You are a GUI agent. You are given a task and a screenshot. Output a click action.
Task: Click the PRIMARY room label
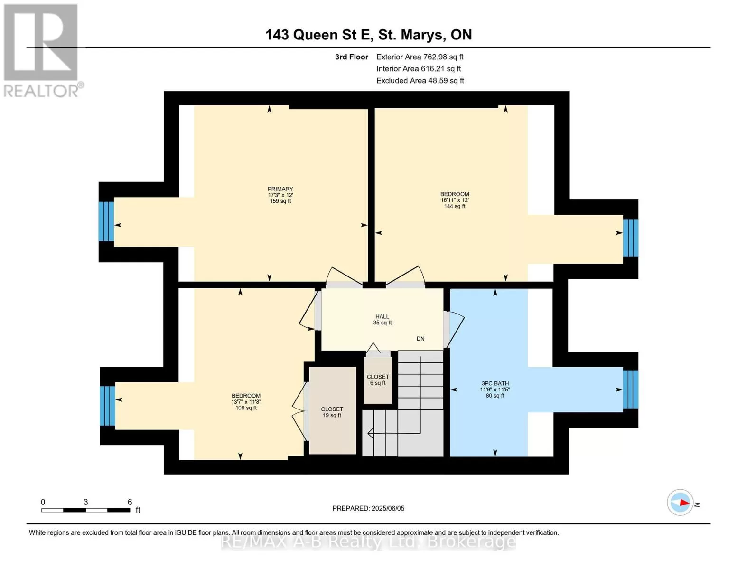[280, 189]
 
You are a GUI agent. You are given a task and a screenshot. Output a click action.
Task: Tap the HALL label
[382, 316]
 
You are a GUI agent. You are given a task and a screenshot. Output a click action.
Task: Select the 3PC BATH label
[495, 383]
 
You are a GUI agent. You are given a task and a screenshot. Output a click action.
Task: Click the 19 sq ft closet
[332, 410]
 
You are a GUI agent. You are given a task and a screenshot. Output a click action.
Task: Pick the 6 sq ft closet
[378, 380]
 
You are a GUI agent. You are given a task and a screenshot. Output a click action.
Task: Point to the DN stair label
[420, 339]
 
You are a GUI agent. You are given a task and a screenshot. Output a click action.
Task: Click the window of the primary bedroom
[106, 221]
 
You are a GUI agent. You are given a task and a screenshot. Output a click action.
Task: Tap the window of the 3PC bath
[631, 389]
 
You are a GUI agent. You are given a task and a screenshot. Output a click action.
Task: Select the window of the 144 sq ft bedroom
[631, 237]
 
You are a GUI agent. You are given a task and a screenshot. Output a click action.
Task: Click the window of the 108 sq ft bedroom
[108, 406]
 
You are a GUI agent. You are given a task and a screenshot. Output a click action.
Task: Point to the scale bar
[86, 510]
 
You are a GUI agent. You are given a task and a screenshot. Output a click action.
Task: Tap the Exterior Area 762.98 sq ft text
[420, 57]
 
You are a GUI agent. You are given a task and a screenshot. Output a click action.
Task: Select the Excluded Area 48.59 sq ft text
[420, 81]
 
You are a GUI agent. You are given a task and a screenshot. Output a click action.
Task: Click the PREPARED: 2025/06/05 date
[368, 508]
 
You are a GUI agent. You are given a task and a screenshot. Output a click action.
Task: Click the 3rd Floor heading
[351, 57]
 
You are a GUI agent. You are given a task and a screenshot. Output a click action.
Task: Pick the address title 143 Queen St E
[368, 35]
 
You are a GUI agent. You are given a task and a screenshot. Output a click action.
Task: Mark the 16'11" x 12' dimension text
[455, 200]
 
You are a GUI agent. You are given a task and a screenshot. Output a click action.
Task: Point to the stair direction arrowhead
[370, 434]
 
